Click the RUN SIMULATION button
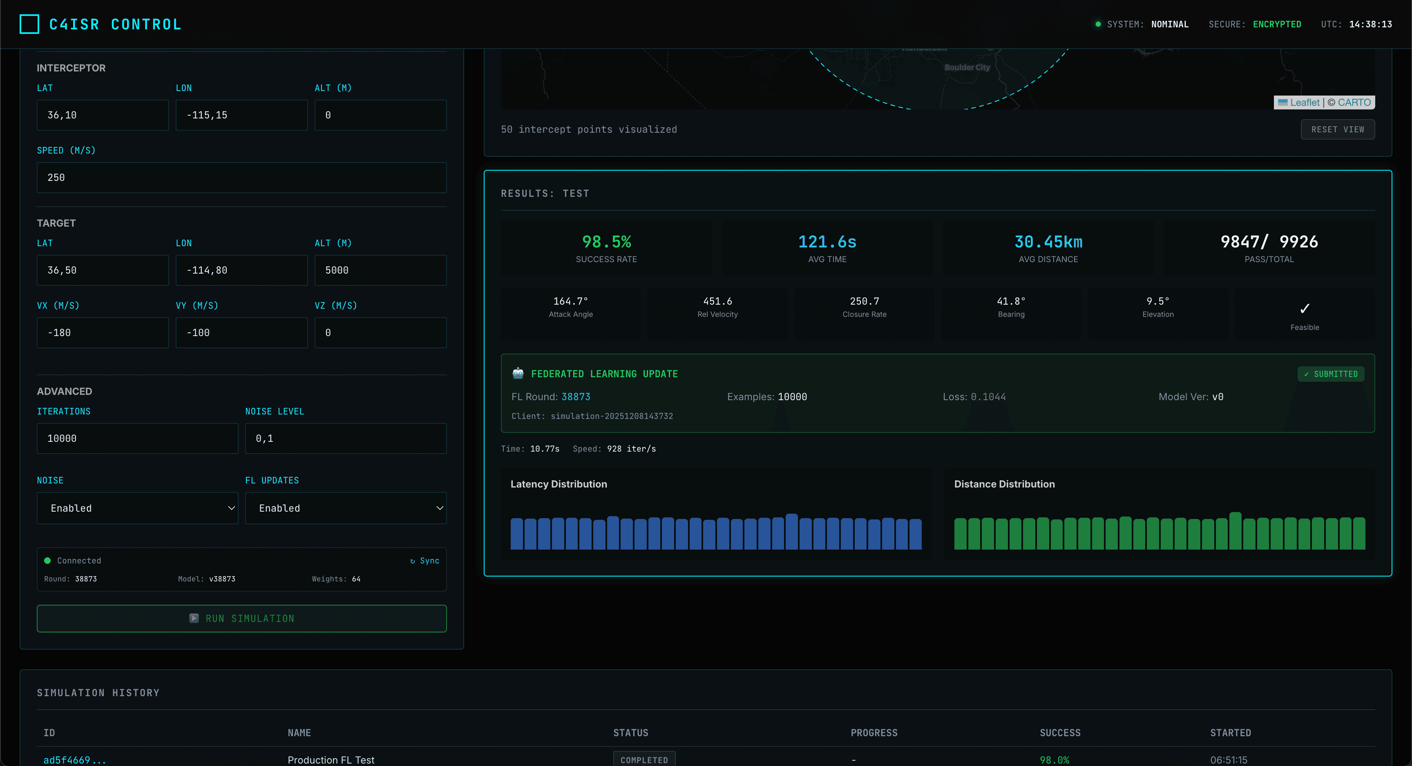click(x=241, y=618)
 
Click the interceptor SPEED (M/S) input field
click(x=241, y=178)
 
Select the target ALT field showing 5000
click(x=380, y=270)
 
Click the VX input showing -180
click(x=103, y=333)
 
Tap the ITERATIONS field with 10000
click(x=137, y=439)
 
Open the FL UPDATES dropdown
click(x=345, y=508)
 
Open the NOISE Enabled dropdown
click(x=137, y=508)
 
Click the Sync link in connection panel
click(x=425, y=561)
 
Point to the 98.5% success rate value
click(x=606, y=242)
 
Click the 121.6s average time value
click(x=827, y=242)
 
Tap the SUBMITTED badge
click(x=1330, y=374)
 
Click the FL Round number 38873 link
click(x=576, y=397)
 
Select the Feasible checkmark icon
click(x=1305, y=308)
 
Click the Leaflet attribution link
click(x=1304, y=102)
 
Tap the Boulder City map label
click(x=967, y=67)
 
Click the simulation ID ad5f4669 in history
click(x=74, y=759)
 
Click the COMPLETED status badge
click(x=644, y=759)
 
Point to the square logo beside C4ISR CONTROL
click(x=29, y=24)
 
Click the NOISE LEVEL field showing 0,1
click(x=345, y=439)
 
